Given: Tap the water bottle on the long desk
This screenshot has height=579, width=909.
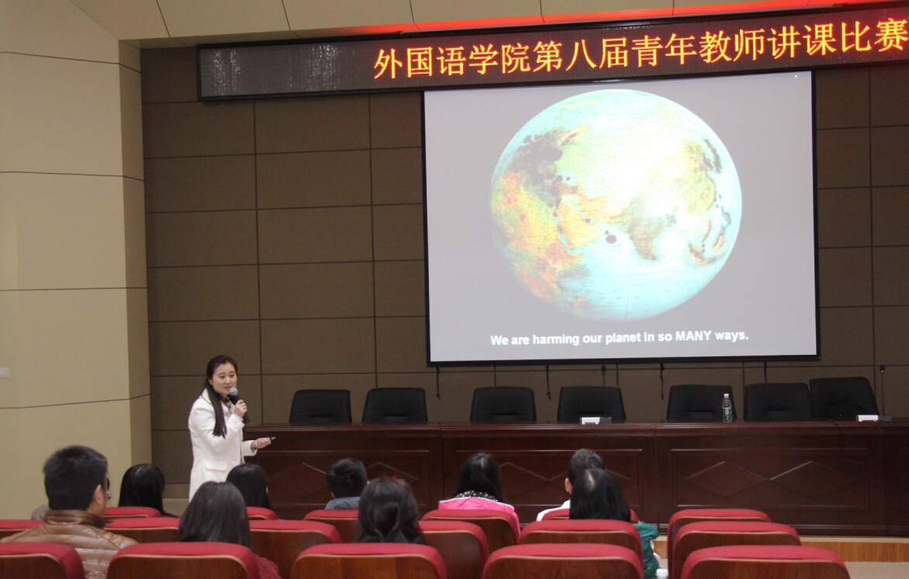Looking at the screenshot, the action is (727, 407).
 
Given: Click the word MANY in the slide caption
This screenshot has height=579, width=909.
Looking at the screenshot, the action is (693, 336).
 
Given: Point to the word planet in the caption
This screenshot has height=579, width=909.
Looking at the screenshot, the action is (623, 338).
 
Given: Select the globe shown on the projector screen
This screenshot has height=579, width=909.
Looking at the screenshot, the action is (615, 204).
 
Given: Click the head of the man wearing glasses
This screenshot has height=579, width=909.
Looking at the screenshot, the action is (77, 479).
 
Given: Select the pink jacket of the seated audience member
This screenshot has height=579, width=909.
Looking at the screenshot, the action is (479, 504).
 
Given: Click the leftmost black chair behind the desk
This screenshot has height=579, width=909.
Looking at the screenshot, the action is (320, 407).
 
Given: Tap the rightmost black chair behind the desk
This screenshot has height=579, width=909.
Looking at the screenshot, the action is (844, 398).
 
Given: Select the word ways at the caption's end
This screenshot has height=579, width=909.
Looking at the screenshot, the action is (731, 336).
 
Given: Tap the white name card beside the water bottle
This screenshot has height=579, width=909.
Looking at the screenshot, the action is (593, 420).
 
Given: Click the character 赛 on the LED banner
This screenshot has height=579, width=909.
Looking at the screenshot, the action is (892, 34).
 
